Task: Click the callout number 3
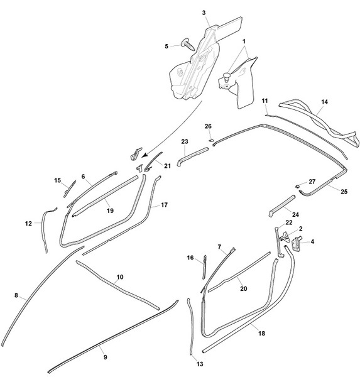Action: tap(204, 13)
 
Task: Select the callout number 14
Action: tap(324, 102)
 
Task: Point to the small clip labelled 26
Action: tap(210, 139)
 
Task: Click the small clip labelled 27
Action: tap(298, 186)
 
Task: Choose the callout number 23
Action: tap(185, 141)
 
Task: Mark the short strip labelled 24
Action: tap(282, 206)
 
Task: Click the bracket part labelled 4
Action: tap(297, 242)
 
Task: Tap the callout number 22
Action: tap(289, 222)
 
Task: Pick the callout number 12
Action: tap(28, 224)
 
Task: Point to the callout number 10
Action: tap(120, 277)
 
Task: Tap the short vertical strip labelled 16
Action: tap(205, 267)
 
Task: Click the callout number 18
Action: tap(261, 333)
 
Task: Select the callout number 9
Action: tap(106, 358)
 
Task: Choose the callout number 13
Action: tap(200, 364)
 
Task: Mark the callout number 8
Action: tap(16, 295)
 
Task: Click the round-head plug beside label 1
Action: tap(226, 77)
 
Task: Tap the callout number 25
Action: tap(344, 192)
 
